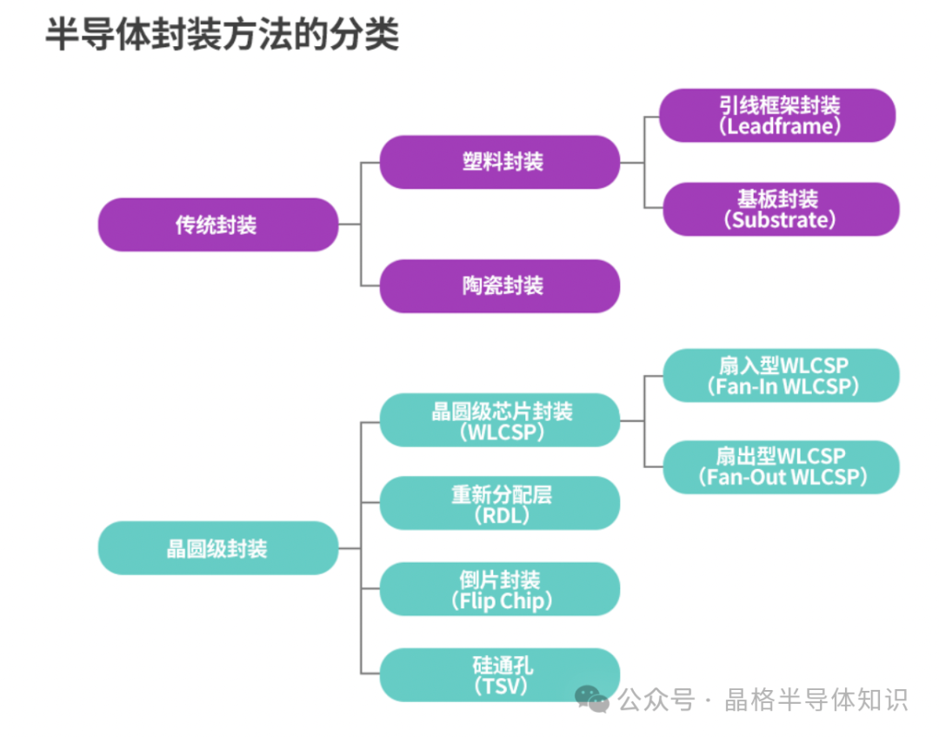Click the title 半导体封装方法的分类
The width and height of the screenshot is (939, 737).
[222, 36]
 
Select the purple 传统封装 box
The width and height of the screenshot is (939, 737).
[217, 224]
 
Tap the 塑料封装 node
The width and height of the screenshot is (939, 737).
[500, 162]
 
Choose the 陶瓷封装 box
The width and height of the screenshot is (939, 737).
[500, 285]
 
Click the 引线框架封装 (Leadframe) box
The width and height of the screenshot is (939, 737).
[777, 115]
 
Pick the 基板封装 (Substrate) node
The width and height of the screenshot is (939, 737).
[780, 209]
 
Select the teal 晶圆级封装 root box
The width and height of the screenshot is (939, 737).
[217, 548]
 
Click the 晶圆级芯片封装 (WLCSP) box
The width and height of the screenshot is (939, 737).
[500, 420]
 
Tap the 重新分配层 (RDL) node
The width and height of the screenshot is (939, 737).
[500, 504]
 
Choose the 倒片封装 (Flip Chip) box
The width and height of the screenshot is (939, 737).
[500, 589]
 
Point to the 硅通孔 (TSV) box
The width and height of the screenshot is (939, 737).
[500, 675]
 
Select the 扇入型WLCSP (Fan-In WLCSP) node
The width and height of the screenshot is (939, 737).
[780, 375]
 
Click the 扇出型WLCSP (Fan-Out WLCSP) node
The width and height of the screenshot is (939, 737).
[780, 466]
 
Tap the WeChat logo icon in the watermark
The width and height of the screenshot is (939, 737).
[594, 698]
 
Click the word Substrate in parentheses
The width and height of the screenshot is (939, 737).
[779, 219]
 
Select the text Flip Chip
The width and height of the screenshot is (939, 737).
[503, 600]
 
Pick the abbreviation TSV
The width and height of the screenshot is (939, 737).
[501, 686]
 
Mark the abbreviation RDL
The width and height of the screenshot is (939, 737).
[502, 515]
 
